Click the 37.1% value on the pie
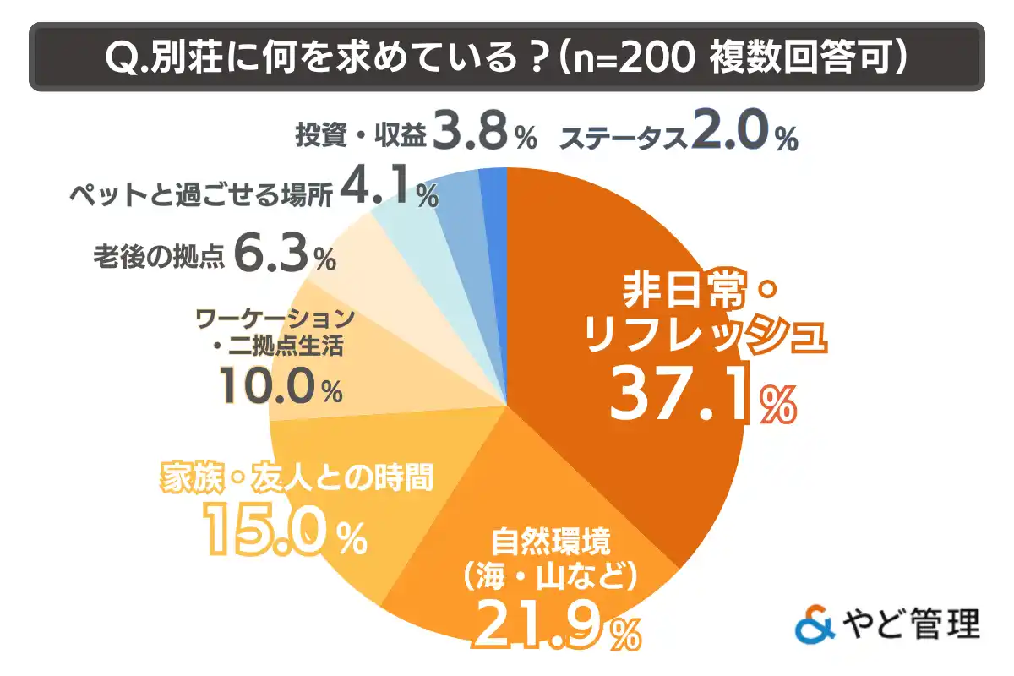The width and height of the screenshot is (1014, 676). coord(701,395)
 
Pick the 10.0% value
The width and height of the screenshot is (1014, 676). coord(280,387)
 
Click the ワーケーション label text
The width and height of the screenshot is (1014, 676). coord(272,319)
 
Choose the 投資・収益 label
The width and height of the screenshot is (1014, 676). coord(361,135)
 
